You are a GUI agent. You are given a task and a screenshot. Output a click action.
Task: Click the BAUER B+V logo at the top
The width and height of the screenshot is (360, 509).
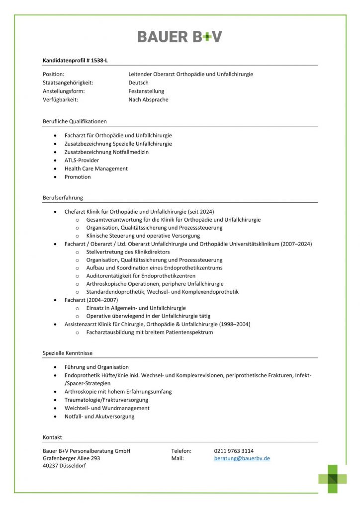click(x=180, y=36)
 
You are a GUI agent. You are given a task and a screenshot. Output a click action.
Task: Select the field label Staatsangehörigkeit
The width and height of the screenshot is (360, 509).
click(x=68, y=83)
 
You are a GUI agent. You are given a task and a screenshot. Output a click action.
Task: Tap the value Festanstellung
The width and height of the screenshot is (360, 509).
click(x=146, y=91)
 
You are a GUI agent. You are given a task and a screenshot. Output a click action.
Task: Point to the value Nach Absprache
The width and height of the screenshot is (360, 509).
click(x=148, y=99)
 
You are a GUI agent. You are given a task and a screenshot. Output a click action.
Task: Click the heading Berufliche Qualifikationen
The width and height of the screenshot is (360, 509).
click(x=75, y=121)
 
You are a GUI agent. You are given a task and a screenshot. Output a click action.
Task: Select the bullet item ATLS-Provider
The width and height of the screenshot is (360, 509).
click(x=82, y=160)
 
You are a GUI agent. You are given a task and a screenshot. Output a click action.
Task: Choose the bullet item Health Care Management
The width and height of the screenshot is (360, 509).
click(x=96, y=169)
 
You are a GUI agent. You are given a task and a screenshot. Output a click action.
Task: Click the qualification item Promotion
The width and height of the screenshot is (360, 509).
click(x=78, y=176)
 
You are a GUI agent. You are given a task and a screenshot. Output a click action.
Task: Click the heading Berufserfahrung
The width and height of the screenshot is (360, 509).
click(x=63, y=197)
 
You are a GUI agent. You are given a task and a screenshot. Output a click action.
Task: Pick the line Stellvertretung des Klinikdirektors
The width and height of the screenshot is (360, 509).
click(x=128, y=252)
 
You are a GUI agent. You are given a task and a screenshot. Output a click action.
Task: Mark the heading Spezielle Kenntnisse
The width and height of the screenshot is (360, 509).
click(x=68, y=353)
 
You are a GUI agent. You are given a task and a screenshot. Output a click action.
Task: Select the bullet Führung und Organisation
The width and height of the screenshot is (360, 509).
click(x=96, y=367)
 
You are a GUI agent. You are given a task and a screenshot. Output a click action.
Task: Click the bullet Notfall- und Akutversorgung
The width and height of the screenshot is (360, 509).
click(x=99, y=416)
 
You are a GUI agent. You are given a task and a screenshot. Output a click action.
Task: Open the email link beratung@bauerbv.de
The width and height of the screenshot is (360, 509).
click(x=242, y=458)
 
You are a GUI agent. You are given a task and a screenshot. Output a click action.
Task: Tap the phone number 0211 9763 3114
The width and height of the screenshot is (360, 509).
click(x=234, y=450)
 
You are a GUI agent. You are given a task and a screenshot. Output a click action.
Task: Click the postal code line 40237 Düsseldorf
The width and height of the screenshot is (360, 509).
click(x=64, y=466)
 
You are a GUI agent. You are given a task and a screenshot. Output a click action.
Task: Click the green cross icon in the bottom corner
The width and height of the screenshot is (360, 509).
click(x=333, y=479)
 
